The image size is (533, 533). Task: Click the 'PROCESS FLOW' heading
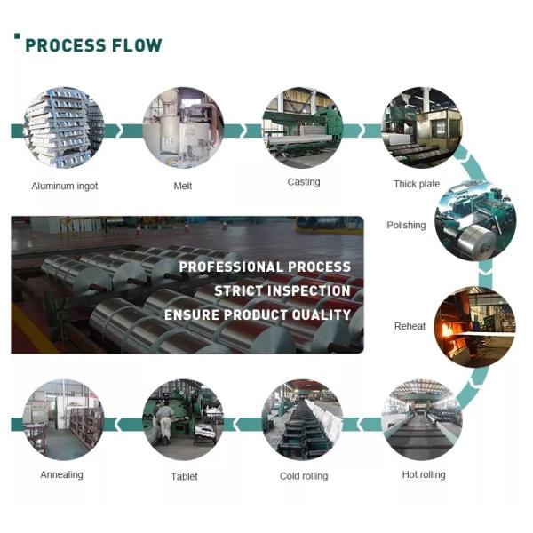tap(93, 44)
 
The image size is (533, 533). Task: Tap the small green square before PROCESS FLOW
tap(17, 36)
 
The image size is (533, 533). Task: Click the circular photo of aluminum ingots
tap(64, 127)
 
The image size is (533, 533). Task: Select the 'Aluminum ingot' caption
tap(64, 186)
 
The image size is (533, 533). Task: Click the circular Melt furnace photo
tap(183, 127)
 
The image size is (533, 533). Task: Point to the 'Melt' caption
tap(183, 186)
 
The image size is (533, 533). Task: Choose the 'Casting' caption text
tap(303, 182)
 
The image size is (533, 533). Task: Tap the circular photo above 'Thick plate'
tap(421, 125)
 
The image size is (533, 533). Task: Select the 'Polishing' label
tap(406, 226)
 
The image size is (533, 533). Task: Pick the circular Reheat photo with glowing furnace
tap(473, 326)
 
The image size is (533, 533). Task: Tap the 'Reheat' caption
tap(410, 326)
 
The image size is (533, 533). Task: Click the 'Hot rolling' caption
tap(423, 474)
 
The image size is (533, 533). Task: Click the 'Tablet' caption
tap(184, 476)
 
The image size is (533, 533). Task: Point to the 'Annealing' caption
tap(61, 474)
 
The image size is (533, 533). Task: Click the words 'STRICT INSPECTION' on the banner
tap(282, 290)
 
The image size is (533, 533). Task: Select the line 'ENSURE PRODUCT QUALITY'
tap(258, 314)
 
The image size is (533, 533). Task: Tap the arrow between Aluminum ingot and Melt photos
tap(123, 130)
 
